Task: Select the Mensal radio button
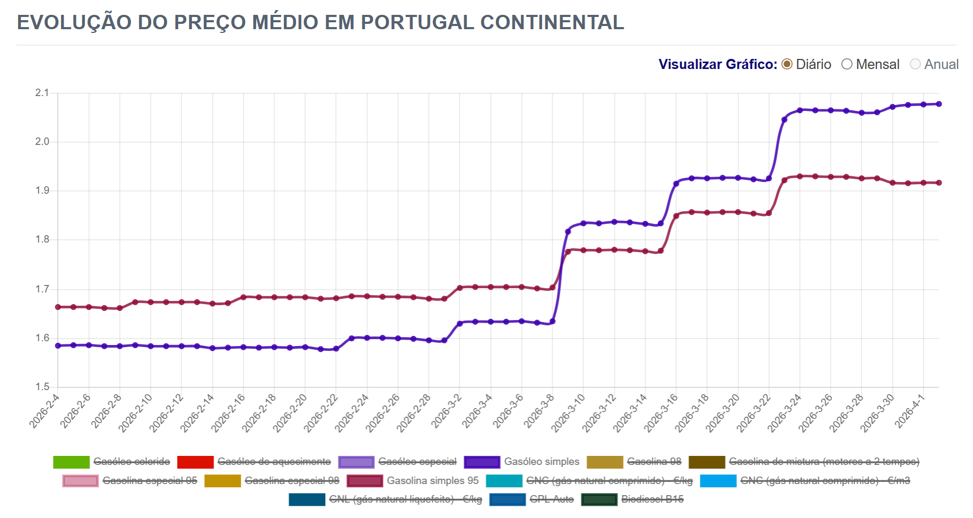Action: click(x=847, y=64)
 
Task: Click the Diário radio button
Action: click(x=787, y=64)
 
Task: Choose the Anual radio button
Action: click(x=915, y=64)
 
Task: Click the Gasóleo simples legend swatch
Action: click(x=482, y=462)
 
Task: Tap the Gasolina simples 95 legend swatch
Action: click(x=364, y=481)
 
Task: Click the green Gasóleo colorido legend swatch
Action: click(x=71, y=462)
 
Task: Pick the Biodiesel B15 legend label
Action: click(x=653, y=499)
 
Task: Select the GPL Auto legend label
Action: click(x=552, y=499)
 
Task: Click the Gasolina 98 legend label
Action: click(x=654, y=462)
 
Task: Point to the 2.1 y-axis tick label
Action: click(x=42, y=93)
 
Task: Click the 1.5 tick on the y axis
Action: click(x=42, y=387)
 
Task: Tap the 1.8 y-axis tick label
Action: click(x=42, y=239)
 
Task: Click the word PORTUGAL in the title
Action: click(x=418, y=22)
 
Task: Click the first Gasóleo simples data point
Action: click(x=58, y=346)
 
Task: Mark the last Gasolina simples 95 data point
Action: click(x=939, y=183)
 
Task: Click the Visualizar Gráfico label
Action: click(x=717, y=64)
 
